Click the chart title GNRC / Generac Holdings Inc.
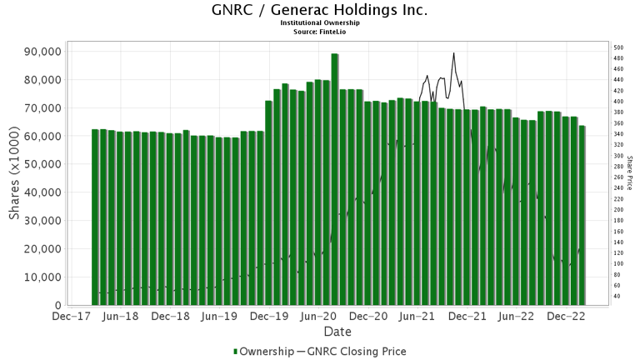[x=320, y=11]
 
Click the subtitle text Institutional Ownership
[x=320, y=23]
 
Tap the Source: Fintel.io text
[x=320, y=32]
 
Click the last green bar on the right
[x=582, y=215]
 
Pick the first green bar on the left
[x=96, y=217]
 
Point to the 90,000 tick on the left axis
[x=38, y=52]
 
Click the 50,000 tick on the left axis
[x=38, y=164]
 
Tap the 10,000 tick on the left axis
[x=38, y=277]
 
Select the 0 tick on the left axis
[x=57, y=305]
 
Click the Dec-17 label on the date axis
[x=72, y=317]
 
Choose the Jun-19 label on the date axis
[x=221, y=317]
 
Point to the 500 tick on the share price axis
[x=618, y=48]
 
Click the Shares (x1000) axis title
[x=14, y=178]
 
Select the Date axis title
[x=320, y=332]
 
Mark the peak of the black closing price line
[x=453, y=53]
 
